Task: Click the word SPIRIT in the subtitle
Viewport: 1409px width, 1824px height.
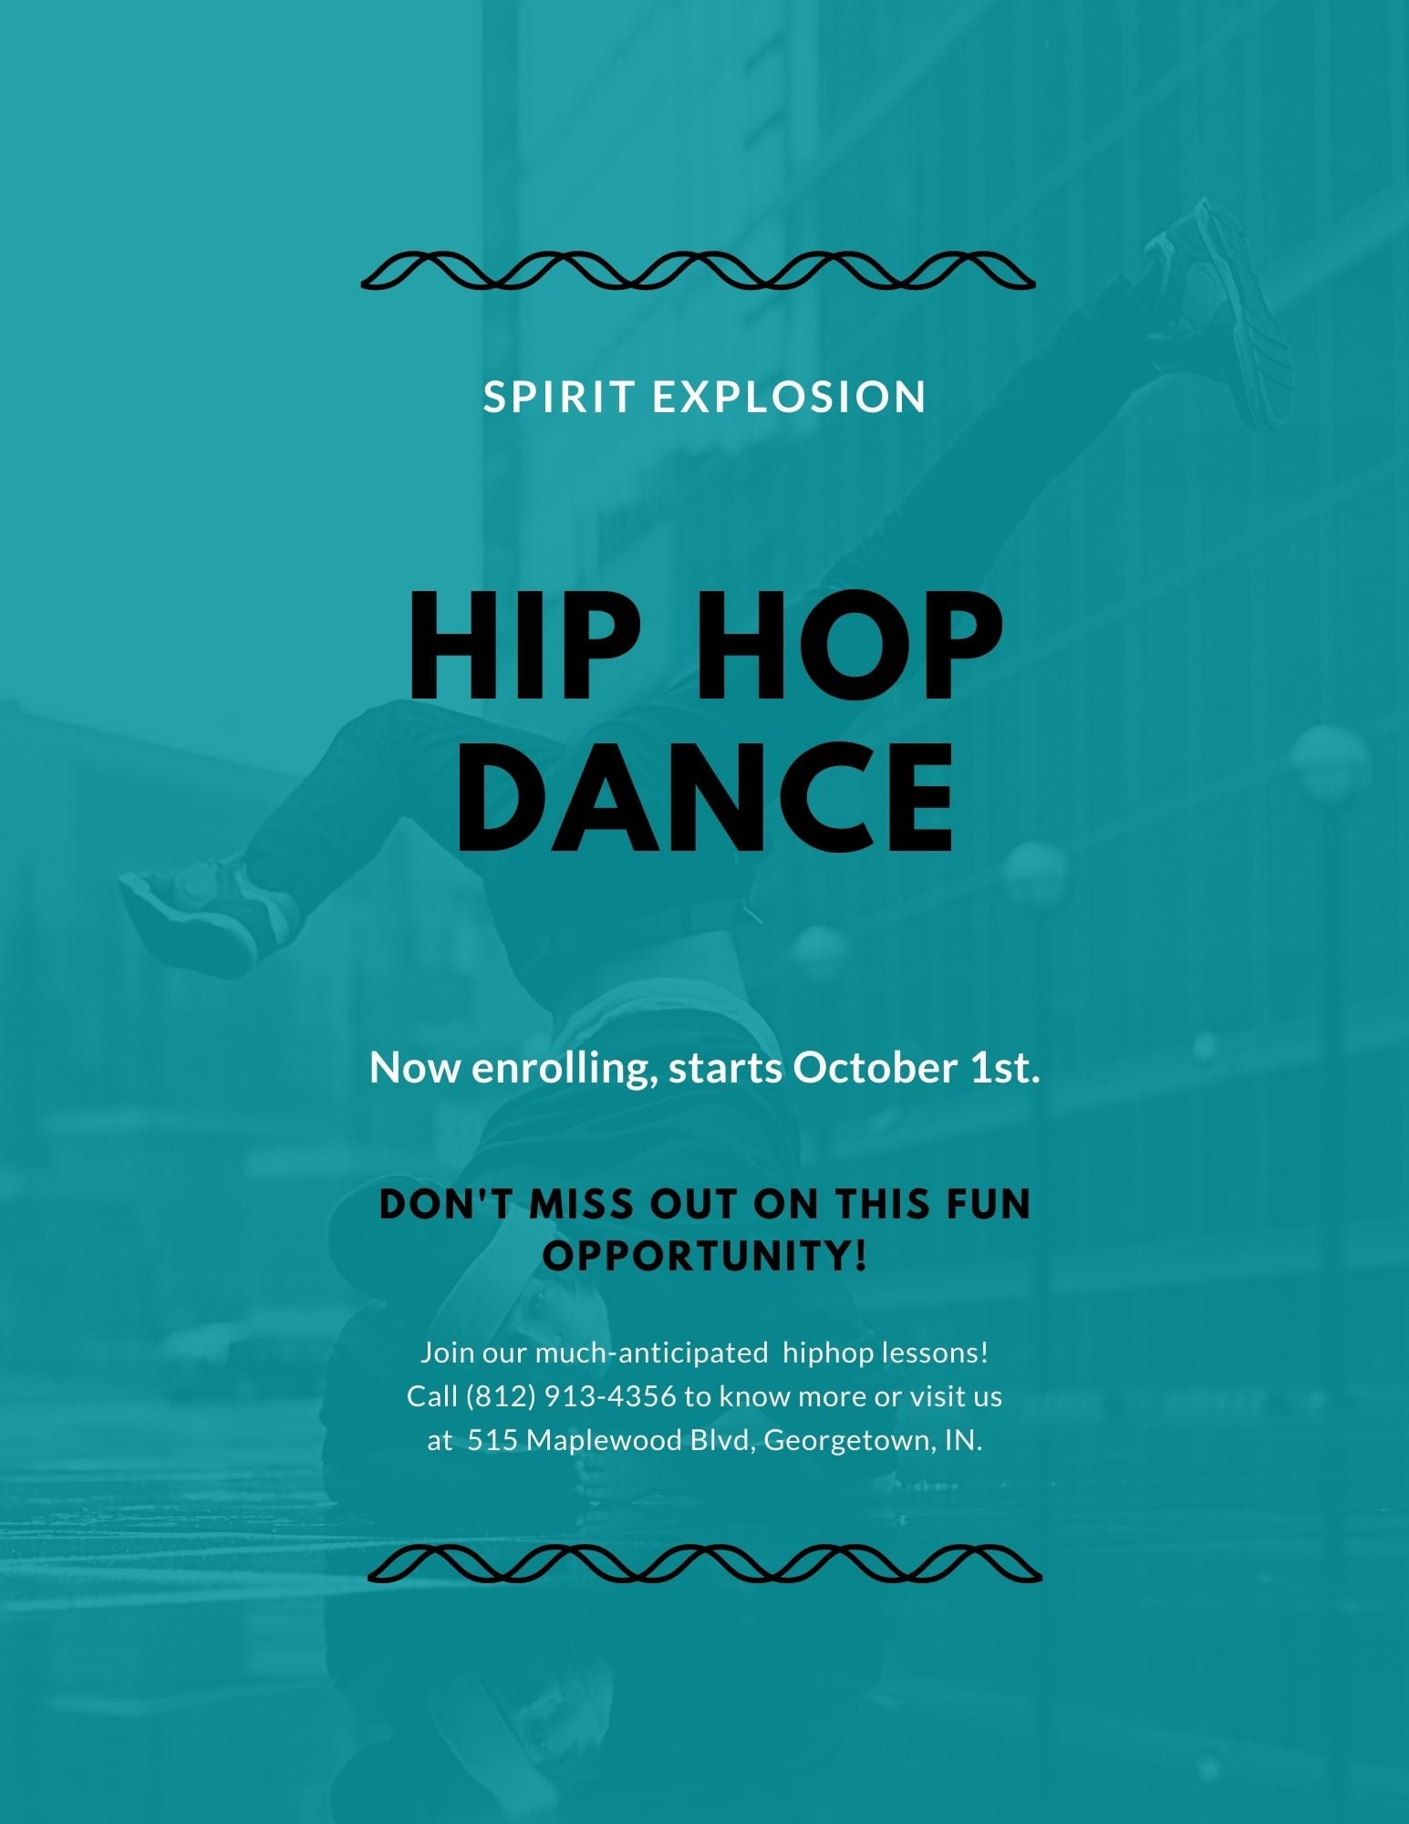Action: [559, 397]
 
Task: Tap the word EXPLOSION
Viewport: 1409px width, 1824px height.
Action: [790, 397]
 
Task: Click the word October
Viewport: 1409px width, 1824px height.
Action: [874, 1067]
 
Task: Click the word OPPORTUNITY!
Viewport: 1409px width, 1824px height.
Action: [705, 1256]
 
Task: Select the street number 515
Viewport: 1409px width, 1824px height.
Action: [493, 1440]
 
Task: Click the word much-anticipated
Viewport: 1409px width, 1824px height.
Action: [651, 1353]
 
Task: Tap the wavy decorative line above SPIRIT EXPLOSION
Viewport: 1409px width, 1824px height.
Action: [699, 271]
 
